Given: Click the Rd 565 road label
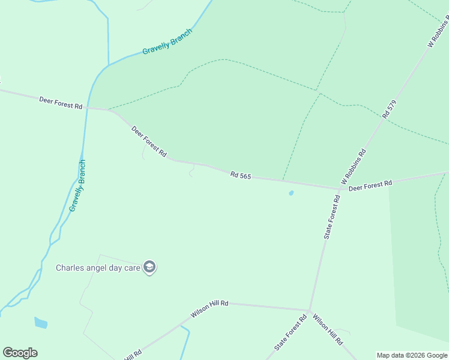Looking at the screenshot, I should pos(240,175).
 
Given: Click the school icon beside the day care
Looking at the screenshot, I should pos(149,268).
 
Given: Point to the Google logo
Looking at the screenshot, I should pos(20,353).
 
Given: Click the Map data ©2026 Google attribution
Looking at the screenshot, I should pos(412,355).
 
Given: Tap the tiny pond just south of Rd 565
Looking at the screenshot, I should pos(291,193).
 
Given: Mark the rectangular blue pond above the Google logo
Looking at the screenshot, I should pos(41,323).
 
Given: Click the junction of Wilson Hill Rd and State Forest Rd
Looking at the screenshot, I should pos(309,310).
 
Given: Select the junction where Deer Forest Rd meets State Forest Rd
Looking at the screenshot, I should pos(340,189).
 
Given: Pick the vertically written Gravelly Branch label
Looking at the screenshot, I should pos(78,185).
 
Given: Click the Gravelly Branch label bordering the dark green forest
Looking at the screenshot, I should pos(167,42).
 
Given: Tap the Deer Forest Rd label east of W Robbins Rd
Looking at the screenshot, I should pos(370,185).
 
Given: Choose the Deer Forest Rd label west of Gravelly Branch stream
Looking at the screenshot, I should pos(61,102).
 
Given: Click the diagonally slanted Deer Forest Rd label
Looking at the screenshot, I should pos(149,142).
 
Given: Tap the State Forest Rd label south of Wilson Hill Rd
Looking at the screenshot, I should pos(291,332).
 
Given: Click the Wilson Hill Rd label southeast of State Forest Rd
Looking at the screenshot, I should pos(328,330).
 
